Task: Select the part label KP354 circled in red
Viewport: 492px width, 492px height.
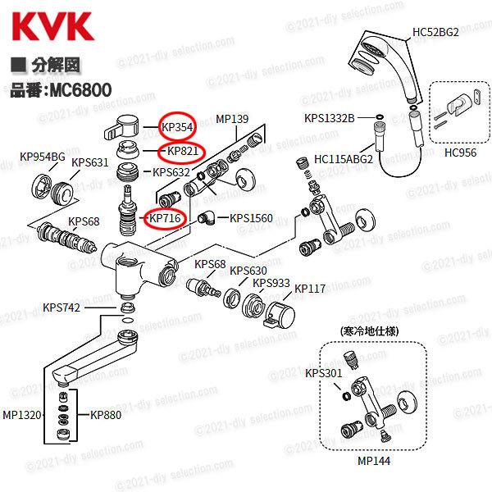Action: [x=179, y=126]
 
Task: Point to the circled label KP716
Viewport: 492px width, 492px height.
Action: [x=166, y=218]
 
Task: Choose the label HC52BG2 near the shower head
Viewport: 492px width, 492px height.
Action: [x=435, y=33]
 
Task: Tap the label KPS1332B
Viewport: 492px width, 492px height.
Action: [x=329, y=118]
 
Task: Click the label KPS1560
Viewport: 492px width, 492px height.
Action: [x=251, y=218]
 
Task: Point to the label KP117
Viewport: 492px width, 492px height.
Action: [x=310, y=289]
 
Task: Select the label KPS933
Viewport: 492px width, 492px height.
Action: [x=271, y=283]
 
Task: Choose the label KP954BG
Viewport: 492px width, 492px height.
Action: [x=42, y=156]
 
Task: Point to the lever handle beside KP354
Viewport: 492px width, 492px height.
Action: [x=124, y=128]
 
